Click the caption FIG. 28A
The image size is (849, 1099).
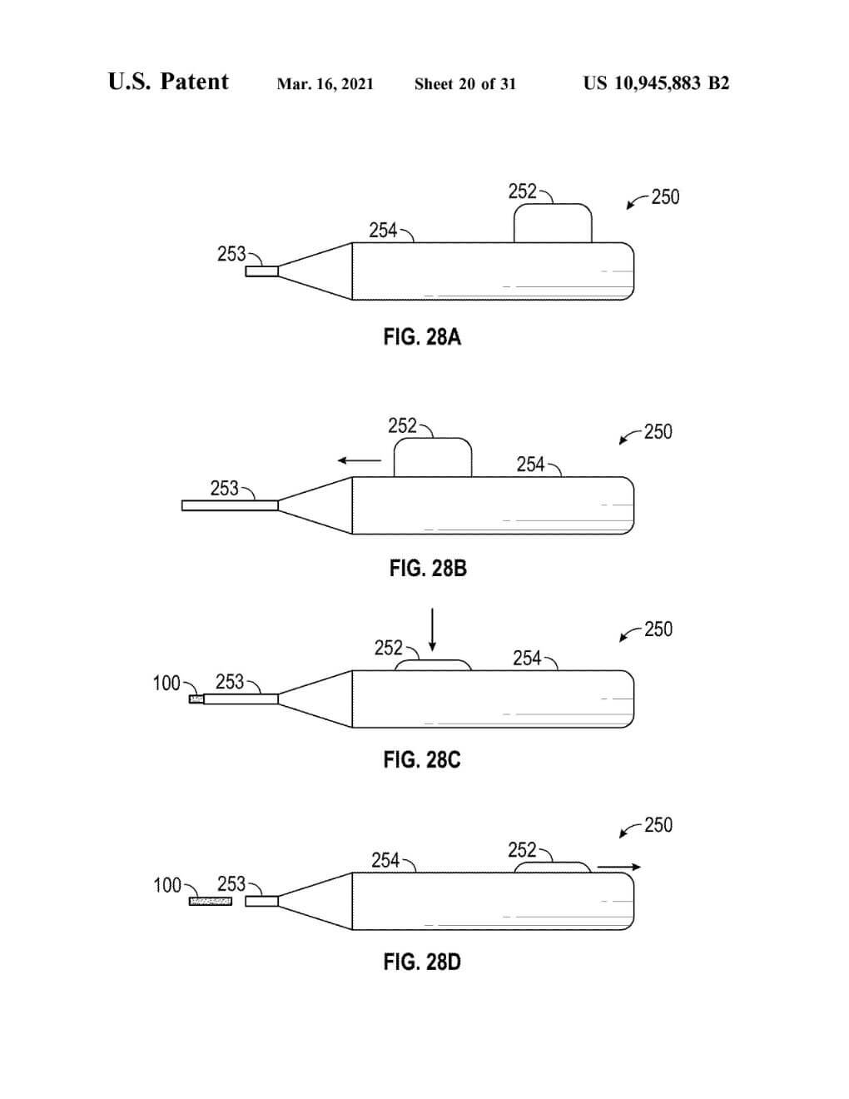(422, 337)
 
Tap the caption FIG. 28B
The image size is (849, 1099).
(428, 569)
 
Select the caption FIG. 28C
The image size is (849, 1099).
(422, 760)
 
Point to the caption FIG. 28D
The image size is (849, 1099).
(422, 962)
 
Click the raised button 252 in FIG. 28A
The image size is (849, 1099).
(553, 224)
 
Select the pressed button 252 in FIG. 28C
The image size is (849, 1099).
(433, 665)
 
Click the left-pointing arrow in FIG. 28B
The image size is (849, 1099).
(359, 460)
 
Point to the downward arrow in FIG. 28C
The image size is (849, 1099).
(433, 630)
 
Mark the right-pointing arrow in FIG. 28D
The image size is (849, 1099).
(619, 868)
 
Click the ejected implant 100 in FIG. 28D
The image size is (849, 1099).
(211, 902)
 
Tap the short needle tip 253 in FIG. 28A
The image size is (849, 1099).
(261, 271)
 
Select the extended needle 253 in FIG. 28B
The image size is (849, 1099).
(230, 505)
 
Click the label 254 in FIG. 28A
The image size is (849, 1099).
(383, 231)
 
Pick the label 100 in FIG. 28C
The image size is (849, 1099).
(166, 684)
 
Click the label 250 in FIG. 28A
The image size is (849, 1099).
(665, 197)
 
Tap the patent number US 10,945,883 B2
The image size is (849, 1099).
(656, 83)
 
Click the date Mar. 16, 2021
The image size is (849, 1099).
(325, 84)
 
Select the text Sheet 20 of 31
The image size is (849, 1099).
(464, 84)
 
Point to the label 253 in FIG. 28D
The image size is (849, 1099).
(231, 883)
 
